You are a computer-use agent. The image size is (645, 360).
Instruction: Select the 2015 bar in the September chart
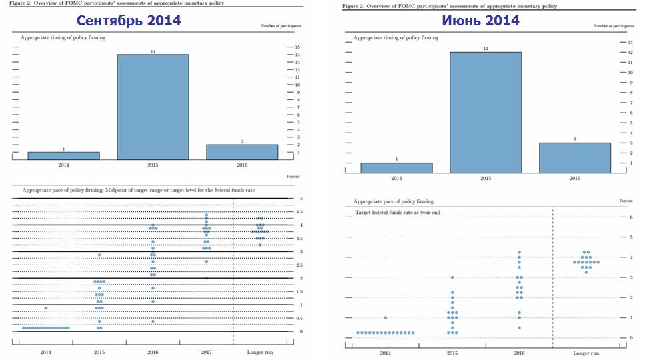tap(153, 107)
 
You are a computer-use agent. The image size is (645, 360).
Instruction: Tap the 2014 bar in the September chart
tap(63, 155)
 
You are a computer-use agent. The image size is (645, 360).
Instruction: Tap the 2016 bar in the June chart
tap(575, 157)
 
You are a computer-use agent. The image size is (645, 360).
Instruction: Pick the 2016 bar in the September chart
tap(242, 152)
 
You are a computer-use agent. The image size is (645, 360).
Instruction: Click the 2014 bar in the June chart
tap(396, 167)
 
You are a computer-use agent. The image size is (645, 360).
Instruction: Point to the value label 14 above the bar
tap(153, 51)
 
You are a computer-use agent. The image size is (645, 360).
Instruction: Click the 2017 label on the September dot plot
tap(206, 351)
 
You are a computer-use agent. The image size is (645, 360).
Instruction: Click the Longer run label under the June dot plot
tap(586, 353)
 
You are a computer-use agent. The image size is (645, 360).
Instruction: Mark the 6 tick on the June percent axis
tap(631, 217)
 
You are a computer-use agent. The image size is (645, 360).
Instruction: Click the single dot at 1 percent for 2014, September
tap(45, 307)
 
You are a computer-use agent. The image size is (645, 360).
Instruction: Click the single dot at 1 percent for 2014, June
tap(385, 317)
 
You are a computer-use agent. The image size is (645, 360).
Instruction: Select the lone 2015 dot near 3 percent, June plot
tap(452, 277)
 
